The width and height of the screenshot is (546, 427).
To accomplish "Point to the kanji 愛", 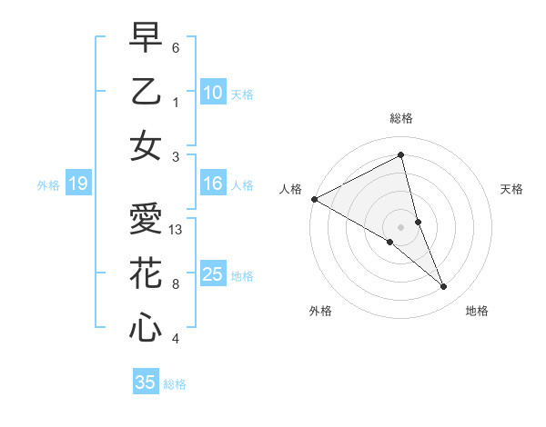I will (145, 220).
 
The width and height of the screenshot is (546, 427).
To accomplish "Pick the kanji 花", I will (145, 273).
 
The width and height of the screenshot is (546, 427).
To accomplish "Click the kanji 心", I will (145, 327).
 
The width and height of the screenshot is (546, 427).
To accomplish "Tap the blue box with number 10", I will (212, 93).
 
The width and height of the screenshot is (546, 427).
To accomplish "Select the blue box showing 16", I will (212, 184).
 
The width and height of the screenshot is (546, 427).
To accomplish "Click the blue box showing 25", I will (212, 275).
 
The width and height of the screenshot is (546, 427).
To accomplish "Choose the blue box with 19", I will (77, 184).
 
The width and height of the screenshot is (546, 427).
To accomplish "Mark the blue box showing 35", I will (145, 382).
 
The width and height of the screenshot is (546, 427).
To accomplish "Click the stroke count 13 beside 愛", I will (177, 231).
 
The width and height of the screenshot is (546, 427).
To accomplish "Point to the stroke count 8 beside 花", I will (176, 284).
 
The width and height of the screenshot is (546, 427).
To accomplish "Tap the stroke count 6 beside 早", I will (176, 48).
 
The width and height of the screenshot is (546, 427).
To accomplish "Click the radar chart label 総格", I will (401, 119).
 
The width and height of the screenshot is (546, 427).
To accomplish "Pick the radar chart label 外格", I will (320, 311).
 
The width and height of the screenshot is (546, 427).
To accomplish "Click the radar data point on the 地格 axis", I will (444, 286).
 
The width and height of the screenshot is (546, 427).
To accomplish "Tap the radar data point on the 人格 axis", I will (314, 198).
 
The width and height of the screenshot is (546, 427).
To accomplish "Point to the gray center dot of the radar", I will (400, 226).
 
